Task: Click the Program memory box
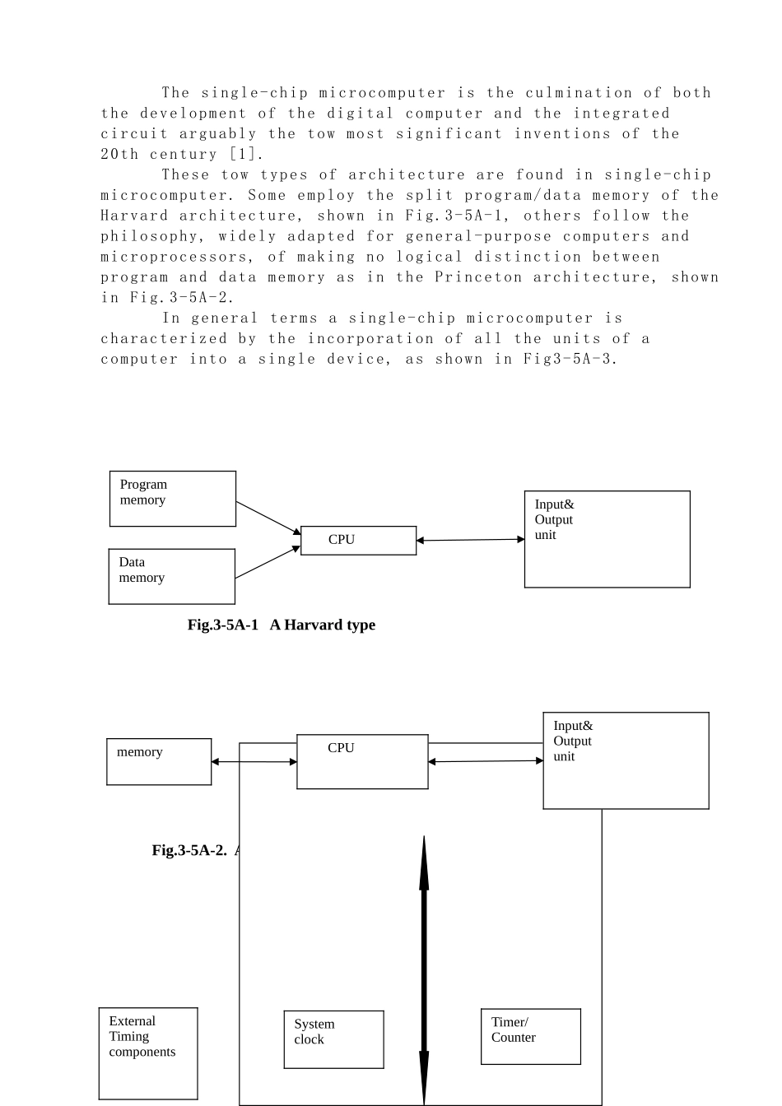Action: pos(173,499)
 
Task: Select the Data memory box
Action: pos(172,576)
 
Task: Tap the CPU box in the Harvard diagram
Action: pos(358,541)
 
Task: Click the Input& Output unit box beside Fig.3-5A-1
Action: pos(607,539)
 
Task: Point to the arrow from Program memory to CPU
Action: pos(268,517)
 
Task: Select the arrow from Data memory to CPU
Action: pos(268,562)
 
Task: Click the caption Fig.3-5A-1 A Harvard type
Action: pos(282,625)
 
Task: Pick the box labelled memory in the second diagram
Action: pos(159,761)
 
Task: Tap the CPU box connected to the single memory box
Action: pos(362,761)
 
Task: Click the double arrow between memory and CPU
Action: pos(254,762)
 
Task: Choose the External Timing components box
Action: pos(148,1053)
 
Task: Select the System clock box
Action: pos(333,1039)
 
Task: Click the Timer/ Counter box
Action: pos(530,1036)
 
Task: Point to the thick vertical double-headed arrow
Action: pos(424,971)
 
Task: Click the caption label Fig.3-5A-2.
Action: pos(189,850)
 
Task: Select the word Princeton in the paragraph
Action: pos(478,277)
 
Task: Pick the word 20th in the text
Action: pos(120,154)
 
